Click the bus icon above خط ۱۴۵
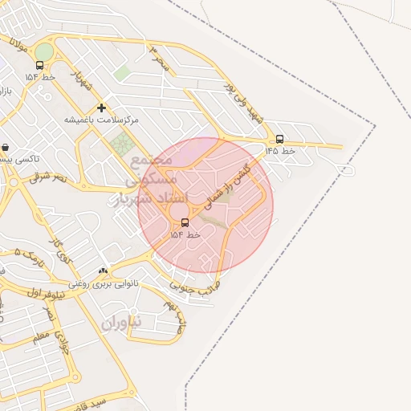[279, 139]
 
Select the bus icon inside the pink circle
[185, 222]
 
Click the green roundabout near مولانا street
[43, 51]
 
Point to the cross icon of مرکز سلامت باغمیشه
[101, 108]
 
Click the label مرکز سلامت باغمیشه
[102, 119]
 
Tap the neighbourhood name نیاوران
[121, 322]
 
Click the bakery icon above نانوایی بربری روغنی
[102, 271]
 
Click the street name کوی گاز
[59, 251]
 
